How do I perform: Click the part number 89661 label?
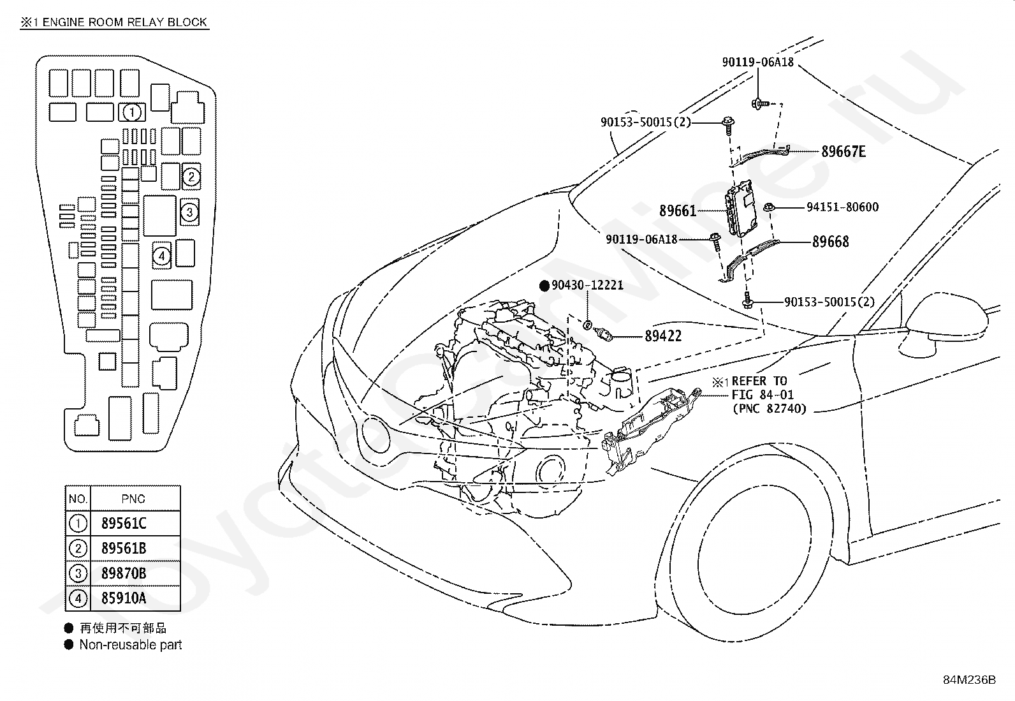(678, 211)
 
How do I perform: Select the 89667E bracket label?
(843, 151)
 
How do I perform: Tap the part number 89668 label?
(830, 242)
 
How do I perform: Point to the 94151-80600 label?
(842, 207)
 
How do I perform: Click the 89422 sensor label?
(663, 336)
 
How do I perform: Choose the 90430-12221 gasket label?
(587, 285)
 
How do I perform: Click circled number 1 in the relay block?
(132, 112)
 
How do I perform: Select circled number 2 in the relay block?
(191, 177)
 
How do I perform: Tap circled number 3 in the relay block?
(189, 212)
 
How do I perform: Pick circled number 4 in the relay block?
(162, 256)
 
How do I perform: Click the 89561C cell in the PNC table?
(124, 523)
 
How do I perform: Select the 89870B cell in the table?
(124, 573)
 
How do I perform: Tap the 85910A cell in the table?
(124, 598)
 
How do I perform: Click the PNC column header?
(133, 499)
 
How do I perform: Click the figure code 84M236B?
(969, 680)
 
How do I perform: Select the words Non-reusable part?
(131, 645)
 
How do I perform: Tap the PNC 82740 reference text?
(770, 408)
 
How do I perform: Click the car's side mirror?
(945, 324)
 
